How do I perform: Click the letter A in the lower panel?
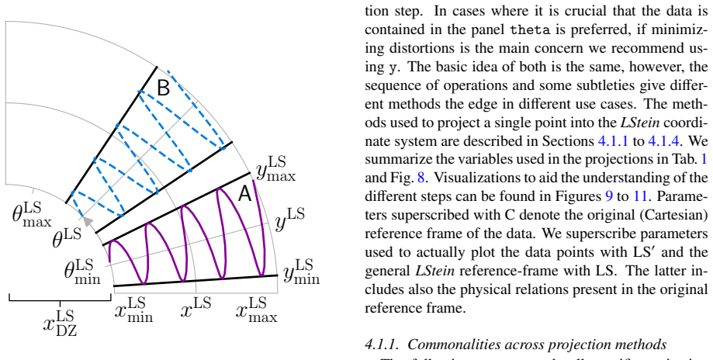pyautogui.click(x=244, y=194)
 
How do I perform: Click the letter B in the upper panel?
pyautogui.click(x=163, y=88)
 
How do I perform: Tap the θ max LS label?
pyautogui.click(x=31, y=214)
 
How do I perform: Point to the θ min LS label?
pyautogui.click(x=82, y=272)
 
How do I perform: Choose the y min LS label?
pyautogui.click(x=301, y=272)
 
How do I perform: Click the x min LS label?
pyautogui.click(x=133, y=310)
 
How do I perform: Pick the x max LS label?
pyautogui.click(x=257, y=310)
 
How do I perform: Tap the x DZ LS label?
pyautogui.click(x=60, y=323)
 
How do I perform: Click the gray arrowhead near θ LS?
pyautogui.click(x=88, y=221)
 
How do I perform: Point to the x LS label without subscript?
pyautogui.click(x=196, y=308)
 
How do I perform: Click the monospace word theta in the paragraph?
pyautogui.click(x=530, y=29)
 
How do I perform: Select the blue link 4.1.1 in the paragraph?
pyautogui.click(x=612, y=141)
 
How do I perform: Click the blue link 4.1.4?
pyautogui.click(x=663, y=141)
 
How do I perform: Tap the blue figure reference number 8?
pyautogui.click(x=421, y=178)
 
